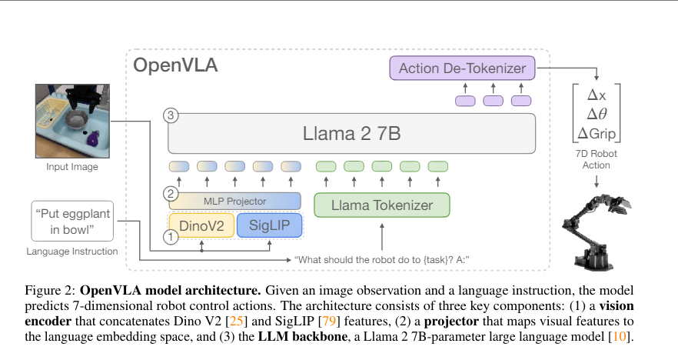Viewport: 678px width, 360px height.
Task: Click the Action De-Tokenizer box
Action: [462, 68]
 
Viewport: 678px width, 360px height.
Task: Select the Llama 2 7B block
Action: [351, 135]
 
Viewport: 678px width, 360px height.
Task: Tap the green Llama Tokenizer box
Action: [382, 205]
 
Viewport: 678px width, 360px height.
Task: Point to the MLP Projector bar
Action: [235, 201]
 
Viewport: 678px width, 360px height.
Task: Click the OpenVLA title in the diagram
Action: [176, 65]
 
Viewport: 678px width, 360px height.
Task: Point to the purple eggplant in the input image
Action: [94, 138]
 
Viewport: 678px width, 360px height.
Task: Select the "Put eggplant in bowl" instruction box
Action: [72, 221]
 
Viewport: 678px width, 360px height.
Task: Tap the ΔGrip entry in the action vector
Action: [597, 133]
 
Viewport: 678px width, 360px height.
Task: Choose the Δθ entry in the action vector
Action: [597, 114]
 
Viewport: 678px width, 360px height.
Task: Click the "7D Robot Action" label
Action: [597, 159]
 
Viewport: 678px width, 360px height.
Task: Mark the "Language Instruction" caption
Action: [72, 251]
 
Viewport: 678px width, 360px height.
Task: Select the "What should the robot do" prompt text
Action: [382, 259]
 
